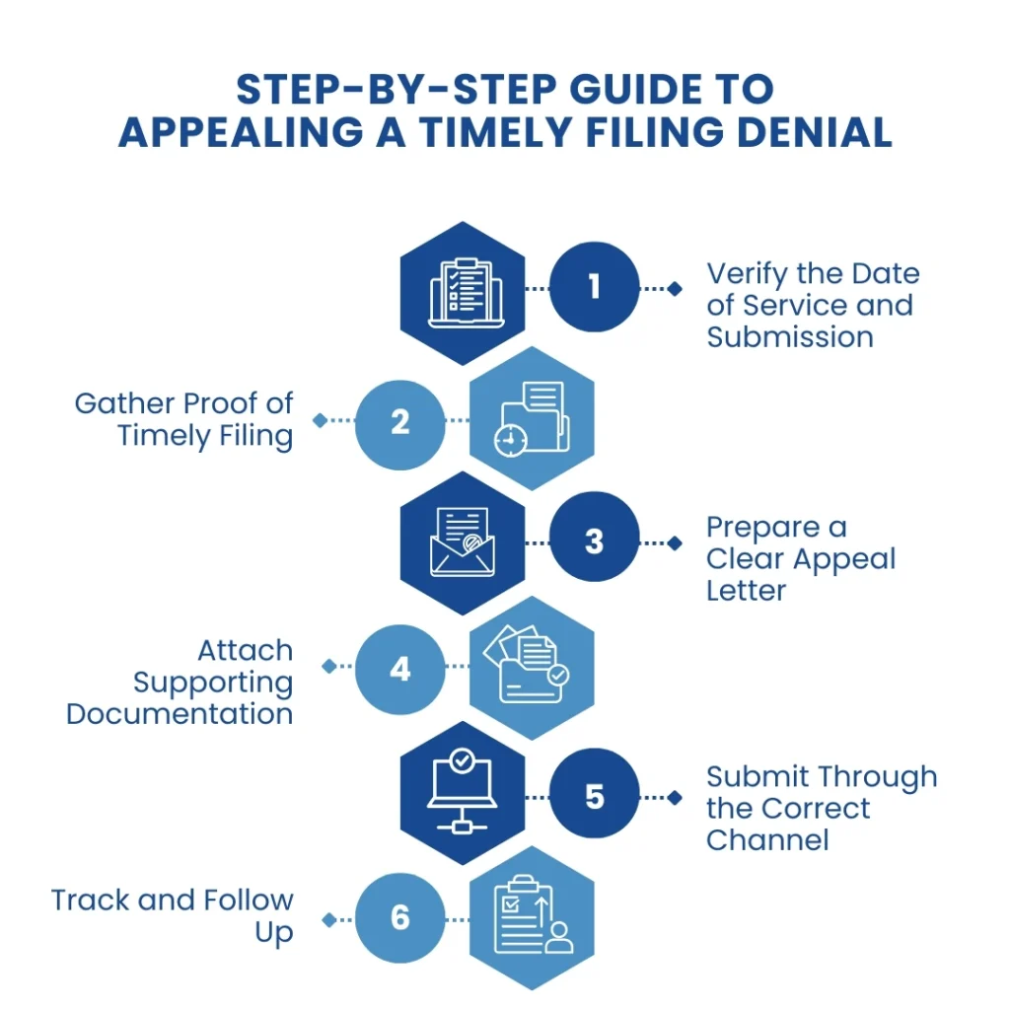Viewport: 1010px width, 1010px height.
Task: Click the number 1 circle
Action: click(594, 287)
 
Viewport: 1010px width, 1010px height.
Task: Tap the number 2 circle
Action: click(399, 421)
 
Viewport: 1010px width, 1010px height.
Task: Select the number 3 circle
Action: click(594, 541)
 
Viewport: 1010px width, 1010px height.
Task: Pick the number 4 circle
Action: click(399, 669)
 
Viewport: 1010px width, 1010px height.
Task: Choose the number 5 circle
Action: click(594, 796)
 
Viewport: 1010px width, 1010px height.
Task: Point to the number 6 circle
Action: click(399, 918)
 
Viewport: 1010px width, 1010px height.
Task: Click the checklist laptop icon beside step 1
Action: click(462, 292)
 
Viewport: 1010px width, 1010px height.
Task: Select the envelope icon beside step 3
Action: click(462, 541)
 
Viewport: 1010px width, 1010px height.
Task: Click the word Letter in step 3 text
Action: click(746, 591)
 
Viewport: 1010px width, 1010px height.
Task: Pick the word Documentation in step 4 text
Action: click(180, 713)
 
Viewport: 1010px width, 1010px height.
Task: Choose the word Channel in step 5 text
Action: click(767, 839)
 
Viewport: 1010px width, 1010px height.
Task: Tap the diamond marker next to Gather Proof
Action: click(320, 420)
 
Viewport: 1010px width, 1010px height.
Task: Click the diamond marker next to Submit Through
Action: click(675, 797)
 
